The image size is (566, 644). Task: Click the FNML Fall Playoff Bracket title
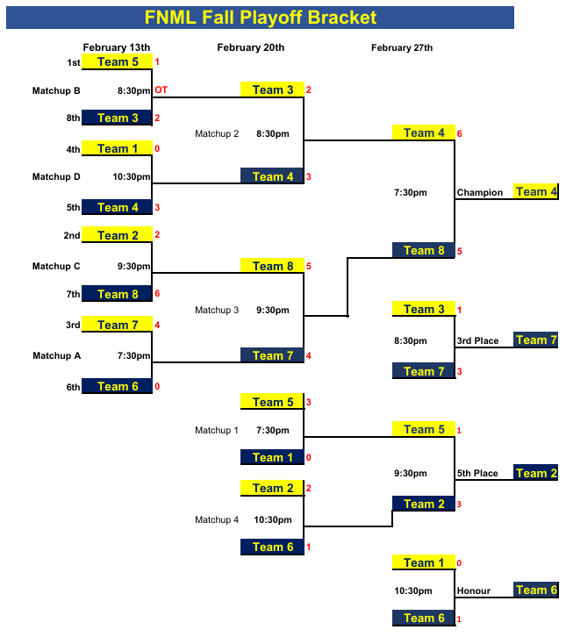[261, 18]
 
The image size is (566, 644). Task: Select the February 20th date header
[251, 47]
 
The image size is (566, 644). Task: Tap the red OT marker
[161, 89]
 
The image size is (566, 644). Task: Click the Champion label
[480, 193]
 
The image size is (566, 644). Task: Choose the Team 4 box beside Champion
[535, 192]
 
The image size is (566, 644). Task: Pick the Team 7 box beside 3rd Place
[535, 340]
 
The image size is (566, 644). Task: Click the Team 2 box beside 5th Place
[535, 474]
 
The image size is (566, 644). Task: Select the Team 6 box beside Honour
[535, 590]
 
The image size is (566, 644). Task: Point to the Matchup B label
[56, 90]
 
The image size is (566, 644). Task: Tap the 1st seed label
[74, 62]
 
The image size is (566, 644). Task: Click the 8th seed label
[74, 118]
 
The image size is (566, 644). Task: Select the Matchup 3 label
[217, 310]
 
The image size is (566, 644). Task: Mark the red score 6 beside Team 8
[157, 294]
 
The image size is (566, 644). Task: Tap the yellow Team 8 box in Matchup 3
[273, 266]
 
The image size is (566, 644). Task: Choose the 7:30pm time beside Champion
[411, 193]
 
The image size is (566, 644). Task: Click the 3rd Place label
[477, 341]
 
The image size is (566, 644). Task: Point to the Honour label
[473, 591]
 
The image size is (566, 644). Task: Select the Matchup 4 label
[217, 520]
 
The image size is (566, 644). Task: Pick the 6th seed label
[74, 387]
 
